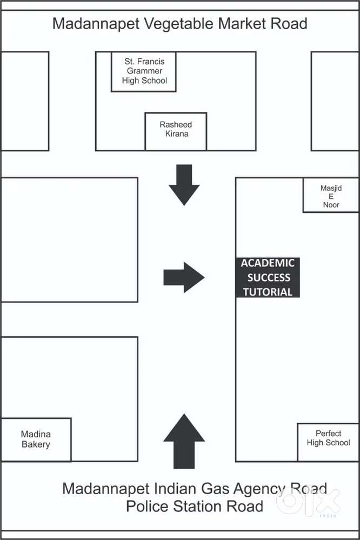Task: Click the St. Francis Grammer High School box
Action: pos(144,71)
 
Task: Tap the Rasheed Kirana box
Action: pos(176,131)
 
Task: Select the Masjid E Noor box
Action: pos(331,196)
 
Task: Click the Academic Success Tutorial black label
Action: pos(268,277)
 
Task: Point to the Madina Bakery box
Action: pos(36,439)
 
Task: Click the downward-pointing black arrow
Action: pos(184,184)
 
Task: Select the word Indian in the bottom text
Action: pos(166,489)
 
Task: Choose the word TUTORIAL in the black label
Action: pos(268,292)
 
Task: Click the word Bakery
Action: pos(36,445)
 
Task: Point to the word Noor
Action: pos(331,205)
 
